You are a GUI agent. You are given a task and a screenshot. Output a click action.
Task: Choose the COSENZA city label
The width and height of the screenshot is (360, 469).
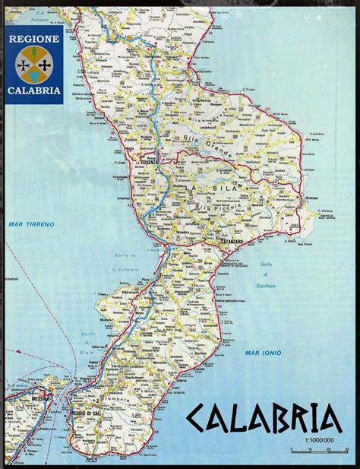(x=147, y=163)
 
